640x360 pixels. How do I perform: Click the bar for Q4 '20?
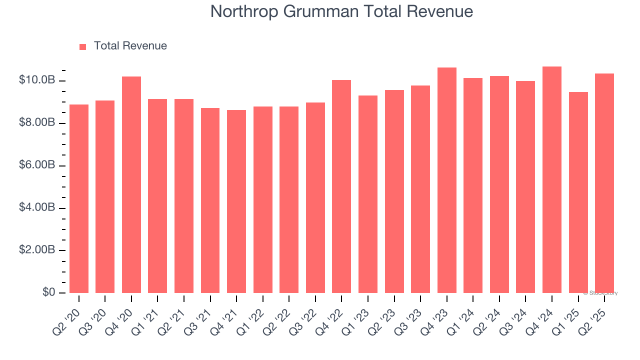[x=131, y=184]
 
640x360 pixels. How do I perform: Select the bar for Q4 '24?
[x=552, y=179]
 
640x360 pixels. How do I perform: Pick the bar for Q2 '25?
[x=604, y=183]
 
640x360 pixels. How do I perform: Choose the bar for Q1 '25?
[x=578, y=192]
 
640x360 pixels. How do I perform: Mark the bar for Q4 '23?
[x=447, y=180]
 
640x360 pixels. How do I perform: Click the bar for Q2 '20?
[x=79, y=198]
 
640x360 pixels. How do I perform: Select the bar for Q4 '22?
[x=341, y=186]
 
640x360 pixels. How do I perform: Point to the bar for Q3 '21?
[x=210, y=200]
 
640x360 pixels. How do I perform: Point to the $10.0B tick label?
[x=37, y=80]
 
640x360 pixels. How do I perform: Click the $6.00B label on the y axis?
[x=37, y=165]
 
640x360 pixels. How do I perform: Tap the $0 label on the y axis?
[x=48, y=292]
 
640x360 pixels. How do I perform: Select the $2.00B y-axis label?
[x=37, y=250]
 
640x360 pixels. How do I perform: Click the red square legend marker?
[x=83, y=46]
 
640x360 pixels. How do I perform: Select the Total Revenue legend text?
[x=130, y=46]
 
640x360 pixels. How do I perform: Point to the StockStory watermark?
[x=600, y=293]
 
